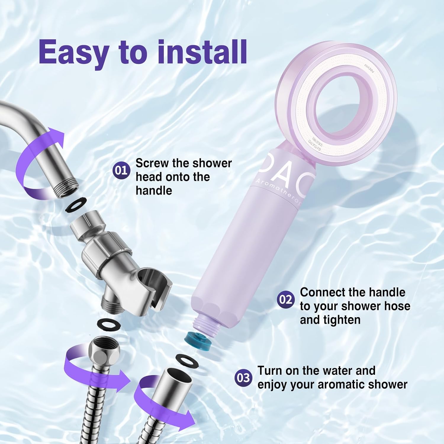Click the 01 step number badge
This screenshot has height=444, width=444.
click(x=121, y=170)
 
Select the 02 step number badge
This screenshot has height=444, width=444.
click(x=286, y=300)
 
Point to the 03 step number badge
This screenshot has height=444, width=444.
click(x=243, y=378)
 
